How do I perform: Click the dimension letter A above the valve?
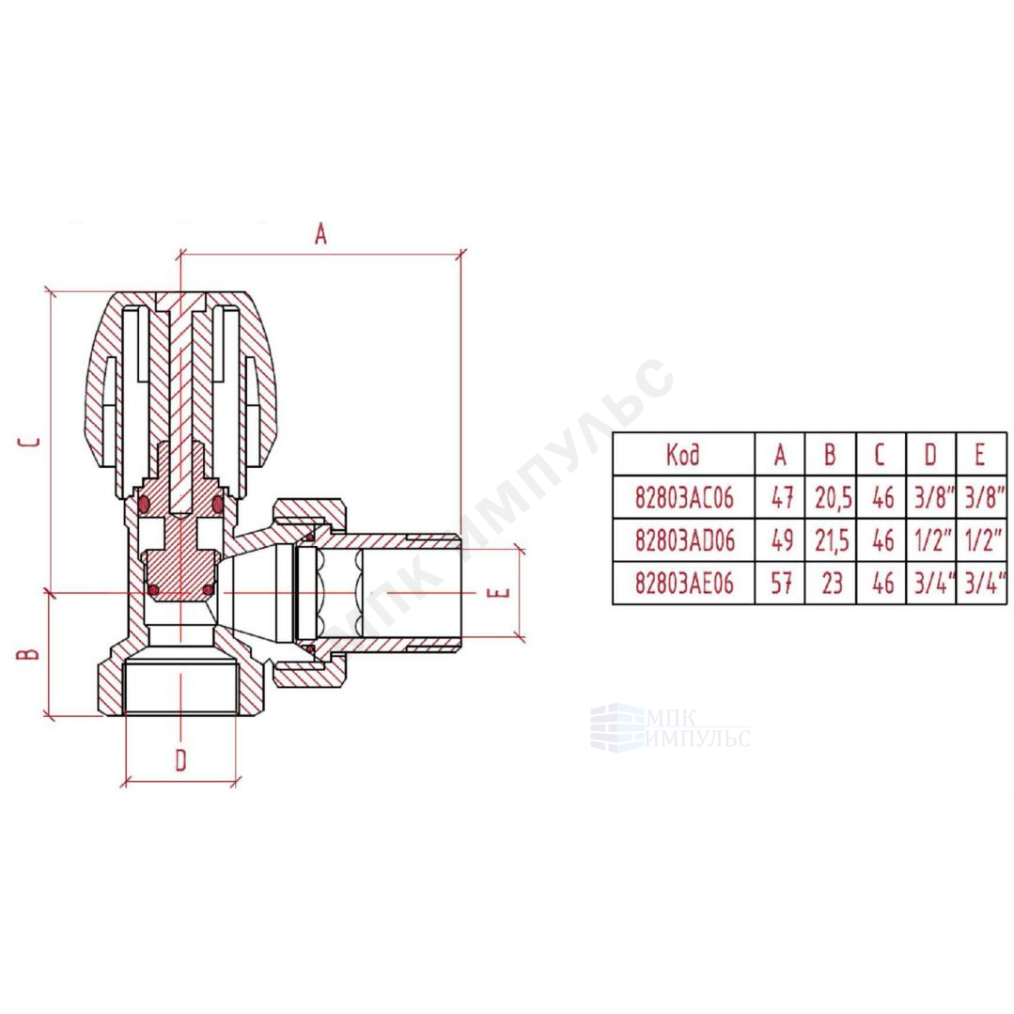(320, 234)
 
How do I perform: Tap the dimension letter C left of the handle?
(29, 443)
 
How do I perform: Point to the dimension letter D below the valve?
(181, 760)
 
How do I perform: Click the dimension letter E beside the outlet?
(503, 592)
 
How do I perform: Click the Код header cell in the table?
(683, 455)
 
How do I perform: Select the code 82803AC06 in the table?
(684, 498)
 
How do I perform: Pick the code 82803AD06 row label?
(685, 540)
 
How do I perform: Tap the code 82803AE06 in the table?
(684, 584)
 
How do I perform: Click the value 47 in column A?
(781, 498)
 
